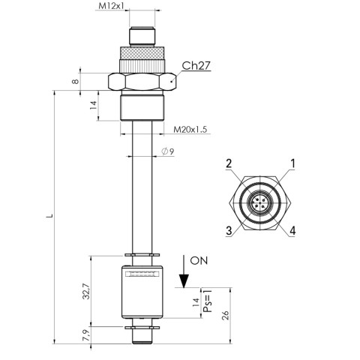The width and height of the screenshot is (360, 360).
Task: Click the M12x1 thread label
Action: coord(111,6)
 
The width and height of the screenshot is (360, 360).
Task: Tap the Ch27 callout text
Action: coord(196,65)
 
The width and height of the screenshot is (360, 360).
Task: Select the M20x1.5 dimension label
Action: coord(190,129)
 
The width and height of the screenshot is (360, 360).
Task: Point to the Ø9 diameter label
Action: coord(168,151)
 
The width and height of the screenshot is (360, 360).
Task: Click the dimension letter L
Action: coord(49,215)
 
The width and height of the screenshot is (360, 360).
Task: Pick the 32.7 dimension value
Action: coord(85,291)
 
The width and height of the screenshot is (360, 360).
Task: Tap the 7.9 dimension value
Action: coord(85,335)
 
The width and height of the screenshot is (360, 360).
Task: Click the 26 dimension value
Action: coord(225,316)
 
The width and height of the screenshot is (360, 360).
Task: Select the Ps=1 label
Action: coord(208,301)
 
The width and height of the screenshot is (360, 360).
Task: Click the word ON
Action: coord(199,260)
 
